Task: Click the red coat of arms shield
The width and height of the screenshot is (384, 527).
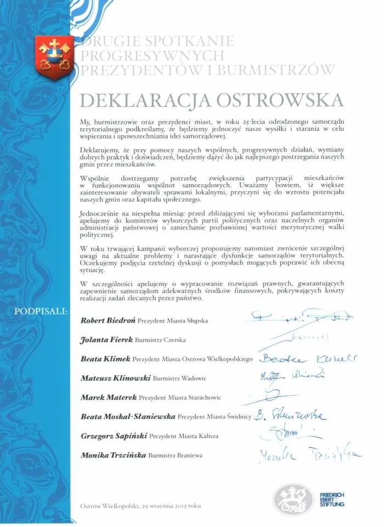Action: (x=54, y=56)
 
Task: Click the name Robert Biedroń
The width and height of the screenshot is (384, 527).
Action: (x=108, y=319)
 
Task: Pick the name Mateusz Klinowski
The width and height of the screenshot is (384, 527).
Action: (x=114, y=378)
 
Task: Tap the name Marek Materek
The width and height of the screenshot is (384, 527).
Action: (x=108, y=397)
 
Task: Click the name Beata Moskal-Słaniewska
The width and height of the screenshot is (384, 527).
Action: (x=127, y=416)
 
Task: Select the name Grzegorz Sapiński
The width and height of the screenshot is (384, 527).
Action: (x=113, y=436)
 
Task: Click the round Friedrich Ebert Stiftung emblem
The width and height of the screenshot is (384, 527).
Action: (x=293, y=500)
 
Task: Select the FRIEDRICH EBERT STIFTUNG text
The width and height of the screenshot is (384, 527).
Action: (x=332, y=500)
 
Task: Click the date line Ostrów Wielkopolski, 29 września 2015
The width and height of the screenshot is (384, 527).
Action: (x=140, y=506)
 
